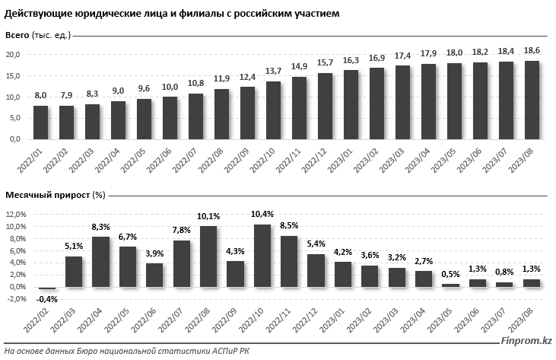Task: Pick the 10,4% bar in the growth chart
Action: coord(262,256)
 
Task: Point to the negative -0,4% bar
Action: coord(47,288)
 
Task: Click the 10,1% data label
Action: coord(208,215)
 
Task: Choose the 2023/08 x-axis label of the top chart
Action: coord(528,161)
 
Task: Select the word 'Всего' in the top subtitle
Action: coord(17,36)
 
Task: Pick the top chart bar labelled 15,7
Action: coord(326,107)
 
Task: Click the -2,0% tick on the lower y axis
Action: coord(14,298)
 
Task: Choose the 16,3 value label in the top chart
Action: coord(351,59)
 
